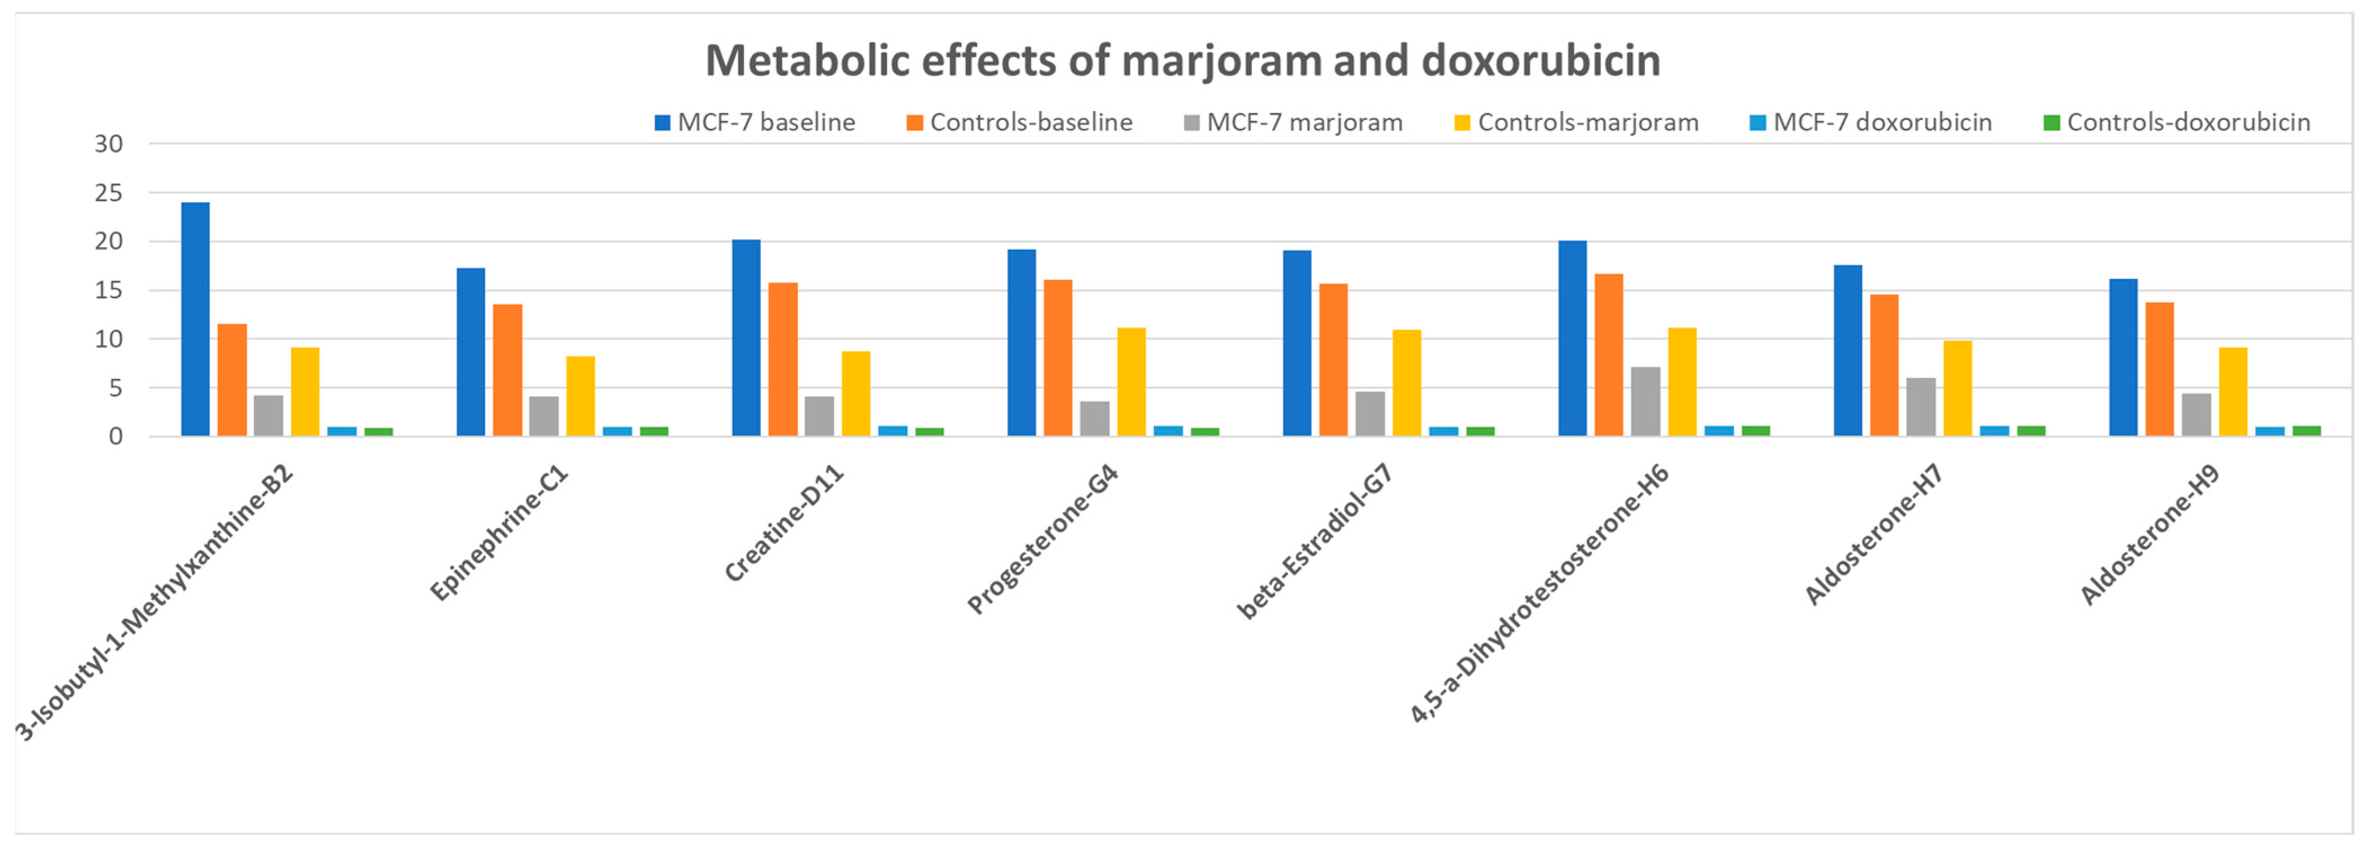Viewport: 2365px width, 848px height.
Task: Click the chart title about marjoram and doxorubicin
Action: coord(1182,61)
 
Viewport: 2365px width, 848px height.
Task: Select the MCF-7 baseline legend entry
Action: coord(755,122)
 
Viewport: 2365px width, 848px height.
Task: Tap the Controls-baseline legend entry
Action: coord(1019,122)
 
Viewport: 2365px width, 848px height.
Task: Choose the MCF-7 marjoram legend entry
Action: coord(1293,122)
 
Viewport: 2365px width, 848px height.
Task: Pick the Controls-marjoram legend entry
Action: coord(1576,122)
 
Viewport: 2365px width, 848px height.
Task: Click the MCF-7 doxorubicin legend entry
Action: coord(1870,122)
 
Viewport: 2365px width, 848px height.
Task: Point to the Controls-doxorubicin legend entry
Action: coord(2176,122)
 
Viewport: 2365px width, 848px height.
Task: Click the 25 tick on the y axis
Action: coord(108,193)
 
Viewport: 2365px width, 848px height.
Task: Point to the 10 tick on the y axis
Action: coord(108,339)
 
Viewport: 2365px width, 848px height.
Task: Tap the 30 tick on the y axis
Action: coord(108,144)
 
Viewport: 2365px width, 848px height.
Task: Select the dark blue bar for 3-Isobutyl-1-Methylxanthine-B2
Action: coord(195,319)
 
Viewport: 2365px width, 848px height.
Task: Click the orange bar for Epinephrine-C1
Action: coord(508,370)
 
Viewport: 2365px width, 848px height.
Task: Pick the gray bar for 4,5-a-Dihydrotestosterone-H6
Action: coord(1645,402)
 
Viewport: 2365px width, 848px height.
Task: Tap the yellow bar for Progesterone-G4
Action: coord(1131,381)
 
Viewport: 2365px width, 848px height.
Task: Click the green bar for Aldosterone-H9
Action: coord(2306,431)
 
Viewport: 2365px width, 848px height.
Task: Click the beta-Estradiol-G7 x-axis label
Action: coord(1315,542)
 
